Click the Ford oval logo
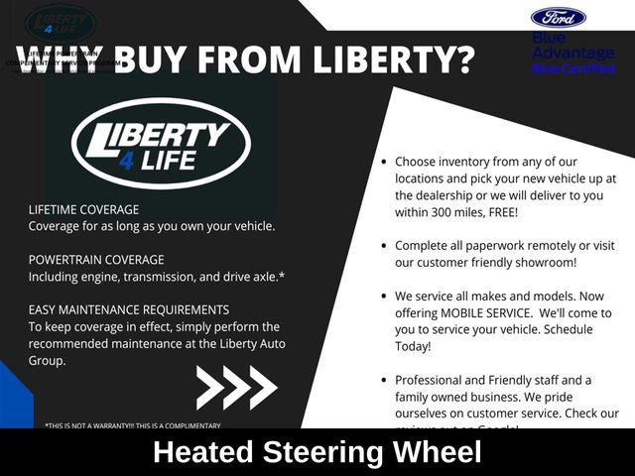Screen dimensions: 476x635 (559, 18)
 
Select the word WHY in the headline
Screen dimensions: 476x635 (60, 60)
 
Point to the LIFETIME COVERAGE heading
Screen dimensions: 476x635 (83, 209)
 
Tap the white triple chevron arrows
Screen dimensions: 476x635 (236, 387)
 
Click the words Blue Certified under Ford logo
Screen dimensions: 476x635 (573, 69)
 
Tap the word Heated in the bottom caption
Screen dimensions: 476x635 (202, 453)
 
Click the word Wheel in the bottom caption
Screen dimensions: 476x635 (435, 453)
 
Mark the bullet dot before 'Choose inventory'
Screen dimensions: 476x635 (383, 162)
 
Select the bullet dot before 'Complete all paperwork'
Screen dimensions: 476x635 (383, 246)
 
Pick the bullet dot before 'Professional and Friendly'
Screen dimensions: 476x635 (383, 381)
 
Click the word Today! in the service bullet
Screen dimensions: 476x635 (413, 347)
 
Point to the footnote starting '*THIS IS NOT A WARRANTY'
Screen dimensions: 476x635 (133, 425)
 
